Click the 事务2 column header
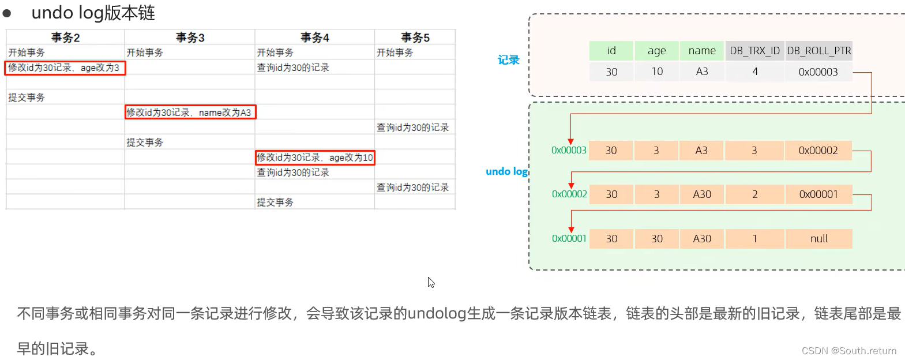click(65, 37)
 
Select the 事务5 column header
click(415, 37)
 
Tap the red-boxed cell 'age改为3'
click(65, 68)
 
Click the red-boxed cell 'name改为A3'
click(190, 112)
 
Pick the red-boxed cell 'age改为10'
click(315, 157)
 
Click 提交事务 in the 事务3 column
click(145, 142)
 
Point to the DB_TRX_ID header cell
click(754, 51)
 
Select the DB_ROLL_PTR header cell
click(818, 51)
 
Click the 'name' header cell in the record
click(702, 51)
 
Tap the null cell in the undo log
click(818, 239)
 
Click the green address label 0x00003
click(569, 151)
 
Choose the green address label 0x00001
click(569, 239)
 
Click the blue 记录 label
click(508, 60)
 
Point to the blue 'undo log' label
click(506, 171)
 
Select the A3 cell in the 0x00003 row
click(701, 151)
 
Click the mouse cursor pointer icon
click(431, 282)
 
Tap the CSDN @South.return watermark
click(848, 351)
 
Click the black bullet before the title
click(7, 13)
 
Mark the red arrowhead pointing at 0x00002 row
click(571, 185)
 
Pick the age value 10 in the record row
click(657, 72)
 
